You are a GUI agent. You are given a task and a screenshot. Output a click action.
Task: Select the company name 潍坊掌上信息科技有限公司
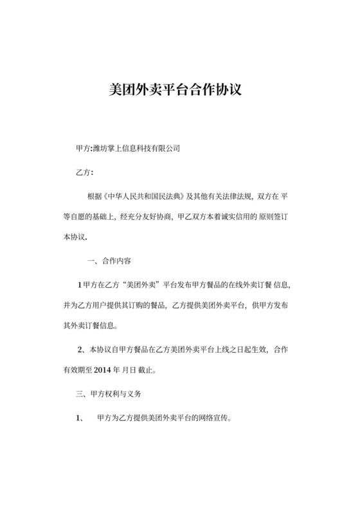point(136,148)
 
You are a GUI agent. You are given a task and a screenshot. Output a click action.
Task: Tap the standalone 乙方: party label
point(84,172)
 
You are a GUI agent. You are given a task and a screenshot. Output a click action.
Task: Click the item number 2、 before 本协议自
point(81,350)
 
